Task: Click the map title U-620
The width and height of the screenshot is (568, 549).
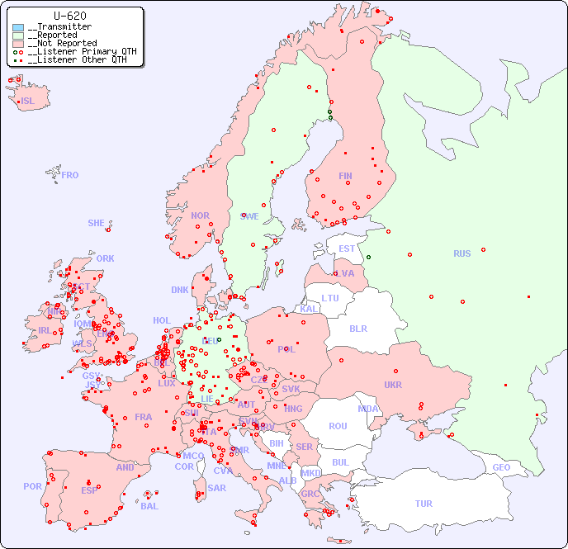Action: pos(69,16)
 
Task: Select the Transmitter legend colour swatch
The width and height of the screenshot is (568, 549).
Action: pos(18,27)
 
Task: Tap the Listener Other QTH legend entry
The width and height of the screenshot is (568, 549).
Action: pos(77,59)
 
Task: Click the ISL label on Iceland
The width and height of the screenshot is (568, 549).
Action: pos(28,102)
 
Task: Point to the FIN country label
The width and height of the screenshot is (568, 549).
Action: pos(345,176)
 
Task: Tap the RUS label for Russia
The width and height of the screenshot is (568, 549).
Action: pos(461,253)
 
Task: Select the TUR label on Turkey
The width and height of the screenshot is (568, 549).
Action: pos(424,504)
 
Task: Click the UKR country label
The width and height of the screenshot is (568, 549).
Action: pos(393,385)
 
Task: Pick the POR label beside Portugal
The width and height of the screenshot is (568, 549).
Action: pos(32,486)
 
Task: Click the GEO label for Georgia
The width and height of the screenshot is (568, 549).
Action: pos(501,467)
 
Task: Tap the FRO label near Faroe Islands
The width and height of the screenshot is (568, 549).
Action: pos(70,175)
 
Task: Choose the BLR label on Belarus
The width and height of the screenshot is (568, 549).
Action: pos(357,328)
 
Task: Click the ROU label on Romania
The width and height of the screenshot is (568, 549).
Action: pos(338,426)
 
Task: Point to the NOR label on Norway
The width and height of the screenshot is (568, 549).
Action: pos(200,215)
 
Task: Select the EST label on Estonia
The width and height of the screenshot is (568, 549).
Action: pos(347,248)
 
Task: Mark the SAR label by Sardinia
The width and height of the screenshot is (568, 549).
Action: pos(216,488)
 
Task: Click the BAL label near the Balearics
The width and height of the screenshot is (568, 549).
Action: pos(149,506)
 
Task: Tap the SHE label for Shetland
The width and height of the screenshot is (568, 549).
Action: pos(97,223)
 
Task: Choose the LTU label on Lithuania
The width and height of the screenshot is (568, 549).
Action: pos(330,298)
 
